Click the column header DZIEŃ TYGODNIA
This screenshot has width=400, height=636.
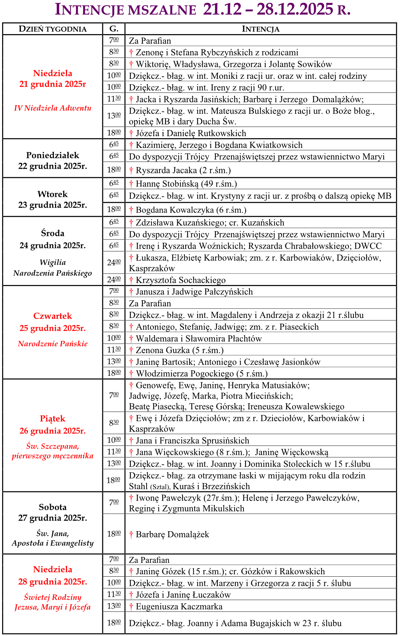(53, 29)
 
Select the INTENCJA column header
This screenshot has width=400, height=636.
(261, 29)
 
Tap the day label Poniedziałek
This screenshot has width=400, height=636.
(53, 155)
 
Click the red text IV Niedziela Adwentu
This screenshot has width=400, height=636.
(53, 108)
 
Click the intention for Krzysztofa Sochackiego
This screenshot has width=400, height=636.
(180, 280)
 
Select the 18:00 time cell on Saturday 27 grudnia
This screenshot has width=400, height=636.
(114, 534)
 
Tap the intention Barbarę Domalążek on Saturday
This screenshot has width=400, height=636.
(172, 534)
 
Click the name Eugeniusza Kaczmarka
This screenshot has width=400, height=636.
(179, 607)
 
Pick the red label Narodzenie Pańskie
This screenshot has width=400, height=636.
(53, 344)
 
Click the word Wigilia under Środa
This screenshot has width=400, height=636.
(53, 263)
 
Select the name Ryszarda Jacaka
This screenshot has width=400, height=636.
(166, 171)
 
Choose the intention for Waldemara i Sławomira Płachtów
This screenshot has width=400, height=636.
(199, 339)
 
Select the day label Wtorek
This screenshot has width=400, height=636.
(53, 194)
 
